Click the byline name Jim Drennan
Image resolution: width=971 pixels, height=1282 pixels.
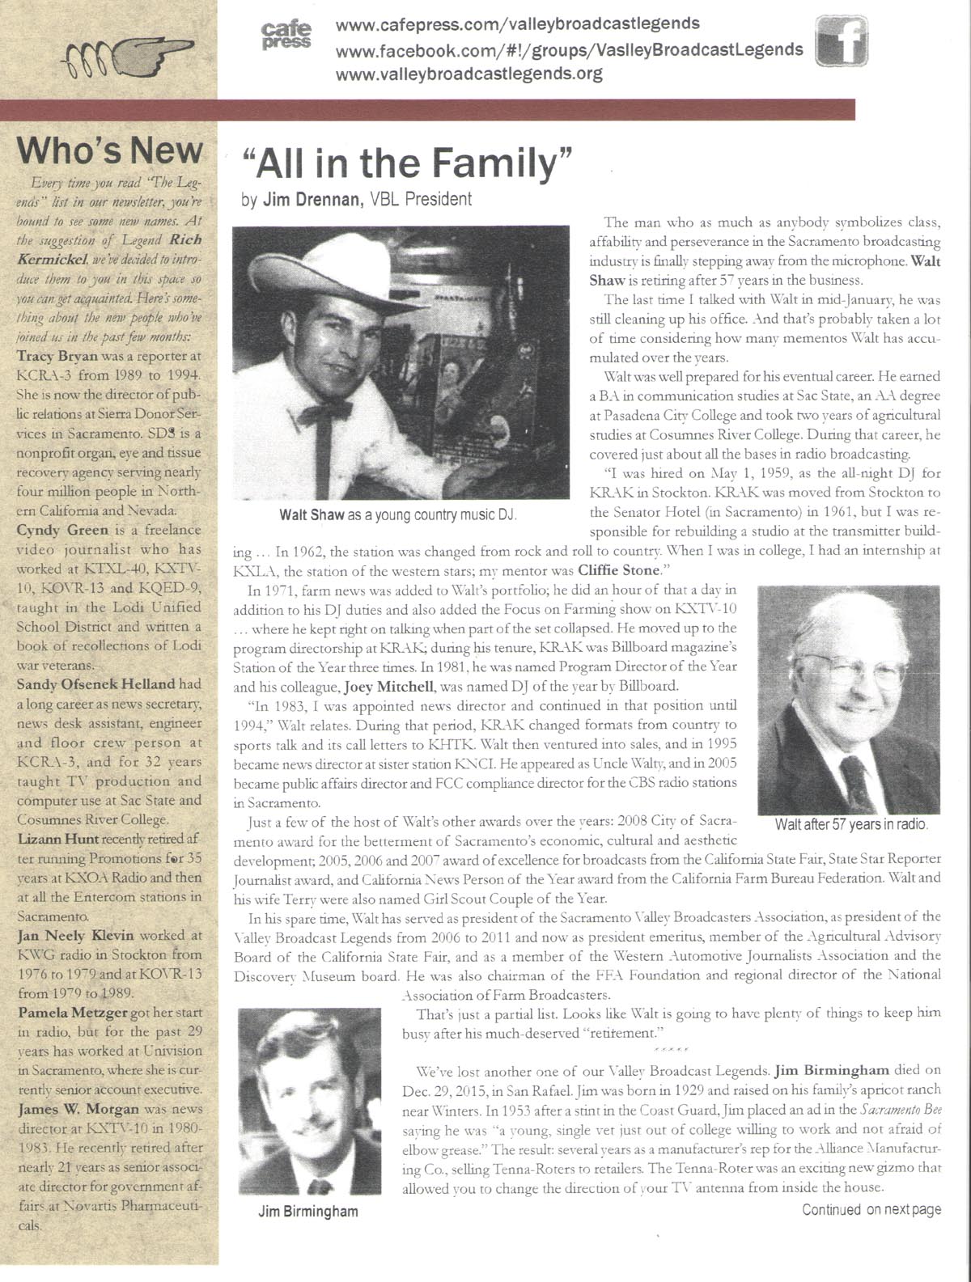coord(312,200)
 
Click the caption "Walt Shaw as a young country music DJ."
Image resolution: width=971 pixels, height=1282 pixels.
coord(398,515)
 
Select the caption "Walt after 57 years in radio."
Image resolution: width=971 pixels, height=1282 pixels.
coord(850,825)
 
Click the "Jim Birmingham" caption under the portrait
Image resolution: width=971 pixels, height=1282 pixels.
coord(307,1211)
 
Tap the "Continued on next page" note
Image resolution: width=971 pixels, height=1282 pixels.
coord(871,1209)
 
